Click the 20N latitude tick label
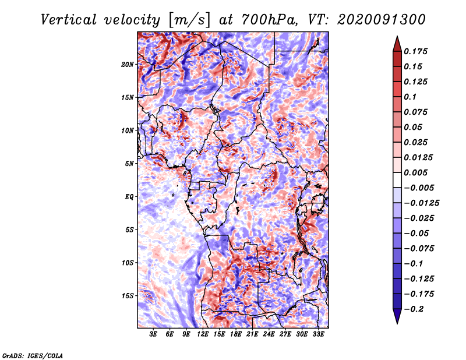128,64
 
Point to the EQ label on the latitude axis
129,197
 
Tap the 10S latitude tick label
128,263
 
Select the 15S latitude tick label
128,296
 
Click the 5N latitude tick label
129,164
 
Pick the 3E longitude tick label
153,335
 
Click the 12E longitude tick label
203,335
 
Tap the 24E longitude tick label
269,335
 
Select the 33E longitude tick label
319,335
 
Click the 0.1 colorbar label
411,97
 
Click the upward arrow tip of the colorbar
396,37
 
